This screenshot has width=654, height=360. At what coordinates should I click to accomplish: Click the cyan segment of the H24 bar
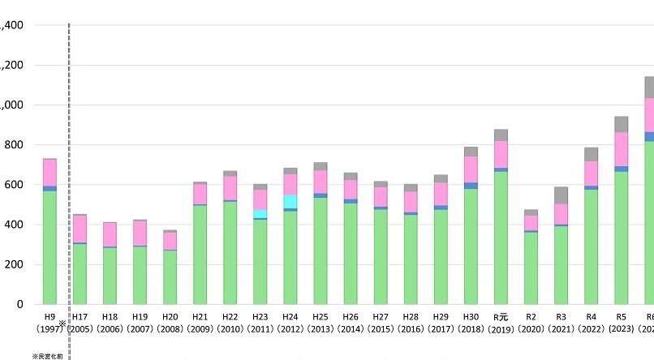tap(290, 201)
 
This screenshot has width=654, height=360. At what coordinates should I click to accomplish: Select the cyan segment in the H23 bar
tap(260, 214)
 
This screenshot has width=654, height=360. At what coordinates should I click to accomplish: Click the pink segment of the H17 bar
tap(80, 229)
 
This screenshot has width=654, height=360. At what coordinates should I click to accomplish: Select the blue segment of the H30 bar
tap(471, 186)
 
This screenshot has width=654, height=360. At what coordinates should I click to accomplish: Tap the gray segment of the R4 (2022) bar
tap(591, 154)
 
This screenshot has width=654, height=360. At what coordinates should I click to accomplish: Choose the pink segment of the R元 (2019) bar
tap(501, 154)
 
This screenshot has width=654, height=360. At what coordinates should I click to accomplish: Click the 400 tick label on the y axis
tap(12, 225)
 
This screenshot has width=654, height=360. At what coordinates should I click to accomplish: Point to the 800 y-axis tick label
tap(12, 145)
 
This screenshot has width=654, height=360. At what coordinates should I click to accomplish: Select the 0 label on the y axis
tap(19, 304)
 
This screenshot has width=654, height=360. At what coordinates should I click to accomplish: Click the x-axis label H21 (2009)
tap(200, 323)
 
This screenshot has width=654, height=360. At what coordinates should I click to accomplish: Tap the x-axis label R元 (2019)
tap(501, 323)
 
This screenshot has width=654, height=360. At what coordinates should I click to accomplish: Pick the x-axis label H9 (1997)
tap(50, 323)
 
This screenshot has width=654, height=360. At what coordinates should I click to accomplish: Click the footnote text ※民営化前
tap(47, 356)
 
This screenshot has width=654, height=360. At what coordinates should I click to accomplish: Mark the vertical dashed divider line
tap(69, 162)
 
